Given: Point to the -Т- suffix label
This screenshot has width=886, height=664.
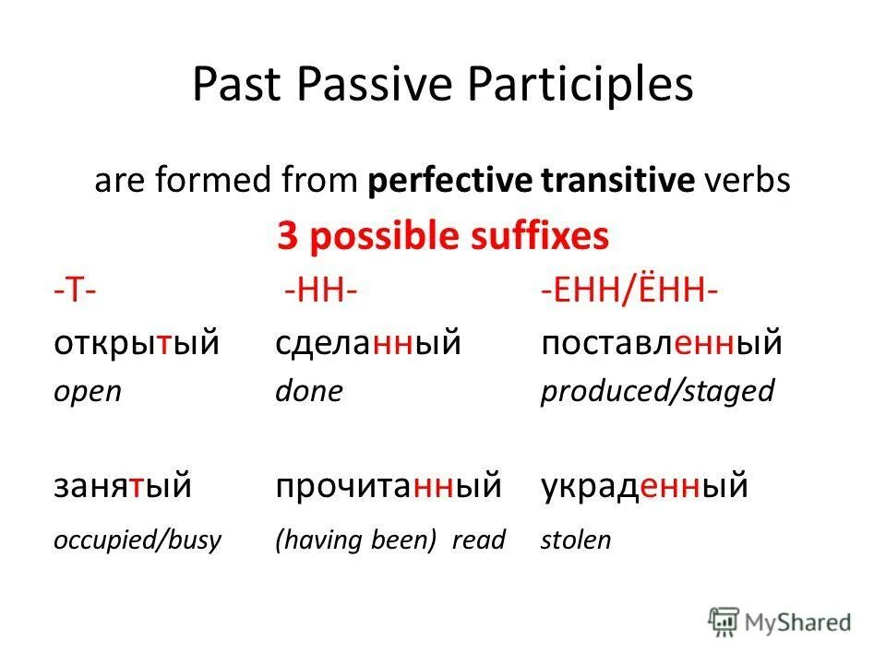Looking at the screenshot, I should [76, 294].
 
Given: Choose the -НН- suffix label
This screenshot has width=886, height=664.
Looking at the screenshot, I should [320, 294].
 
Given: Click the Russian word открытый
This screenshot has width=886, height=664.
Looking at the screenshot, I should [136, 343].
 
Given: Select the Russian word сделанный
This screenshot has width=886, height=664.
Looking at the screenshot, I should [367, 343].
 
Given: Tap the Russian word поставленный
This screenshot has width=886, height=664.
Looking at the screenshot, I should [661, 343].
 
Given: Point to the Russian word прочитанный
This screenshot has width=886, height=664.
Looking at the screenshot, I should [388, 485].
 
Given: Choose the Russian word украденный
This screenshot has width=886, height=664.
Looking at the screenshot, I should [643, 485].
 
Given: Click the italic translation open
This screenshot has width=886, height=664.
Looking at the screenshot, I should [87, 393].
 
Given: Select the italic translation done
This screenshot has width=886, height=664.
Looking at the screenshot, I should [308, 392].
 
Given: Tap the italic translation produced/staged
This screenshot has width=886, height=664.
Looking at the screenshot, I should [656, 392].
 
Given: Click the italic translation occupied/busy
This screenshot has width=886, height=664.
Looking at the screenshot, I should [137, 539].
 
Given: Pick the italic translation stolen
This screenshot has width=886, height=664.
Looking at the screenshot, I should [575, 539].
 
